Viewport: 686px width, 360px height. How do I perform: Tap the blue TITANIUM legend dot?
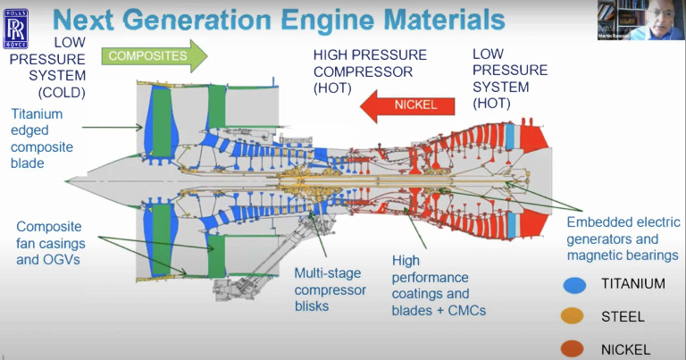pos(574,284)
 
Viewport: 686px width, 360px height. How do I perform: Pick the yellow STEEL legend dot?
pos(574,316)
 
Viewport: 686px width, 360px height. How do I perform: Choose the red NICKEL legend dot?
pos(574,347)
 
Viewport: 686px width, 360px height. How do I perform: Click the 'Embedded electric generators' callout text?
pos(623,239)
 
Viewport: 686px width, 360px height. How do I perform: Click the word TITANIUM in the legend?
pos(632,284)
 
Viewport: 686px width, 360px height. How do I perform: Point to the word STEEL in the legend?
pos(623,316)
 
